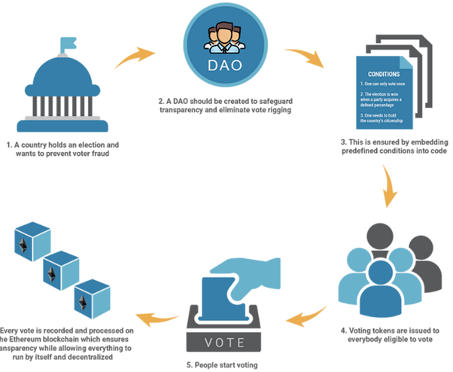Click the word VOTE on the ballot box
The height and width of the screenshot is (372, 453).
[224, 340]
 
